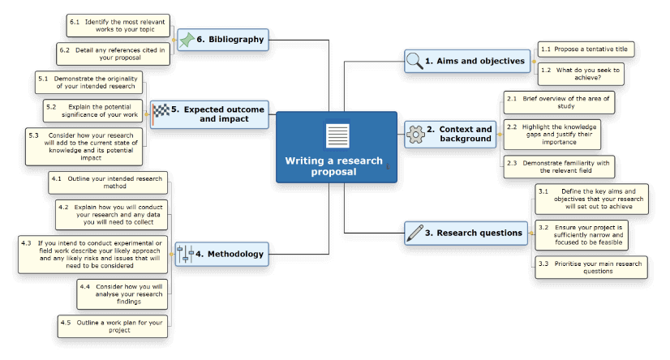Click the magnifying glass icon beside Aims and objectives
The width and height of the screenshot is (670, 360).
click(x=414, y=61)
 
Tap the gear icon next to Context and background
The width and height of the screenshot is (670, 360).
click(x=415, y=134)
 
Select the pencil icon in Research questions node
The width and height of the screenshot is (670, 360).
click(x=414, y=233)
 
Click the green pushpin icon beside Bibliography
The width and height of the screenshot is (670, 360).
click(x=187, y=39)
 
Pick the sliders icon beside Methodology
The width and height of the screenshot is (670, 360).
click(x=185, y=254)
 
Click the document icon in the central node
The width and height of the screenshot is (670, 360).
click(x=337, y=135)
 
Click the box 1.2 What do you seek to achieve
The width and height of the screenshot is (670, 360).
click(x=581, y=75)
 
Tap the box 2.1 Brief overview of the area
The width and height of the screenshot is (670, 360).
click(x=559, y=102)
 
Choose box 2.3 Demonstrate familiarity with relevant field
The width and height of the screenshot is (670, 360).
click(x=559, y=167)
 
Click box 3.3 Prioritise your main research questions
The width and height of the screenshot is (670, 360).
click(x=591, y=267)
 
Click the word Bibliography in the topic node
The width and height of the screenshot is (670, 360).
click(x=236, y=39)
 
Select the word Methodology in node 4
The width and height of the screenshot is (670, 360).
click(x=235, y=254)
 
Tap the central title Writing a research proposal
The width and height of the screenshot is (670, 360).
click(x=333, y=165)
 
